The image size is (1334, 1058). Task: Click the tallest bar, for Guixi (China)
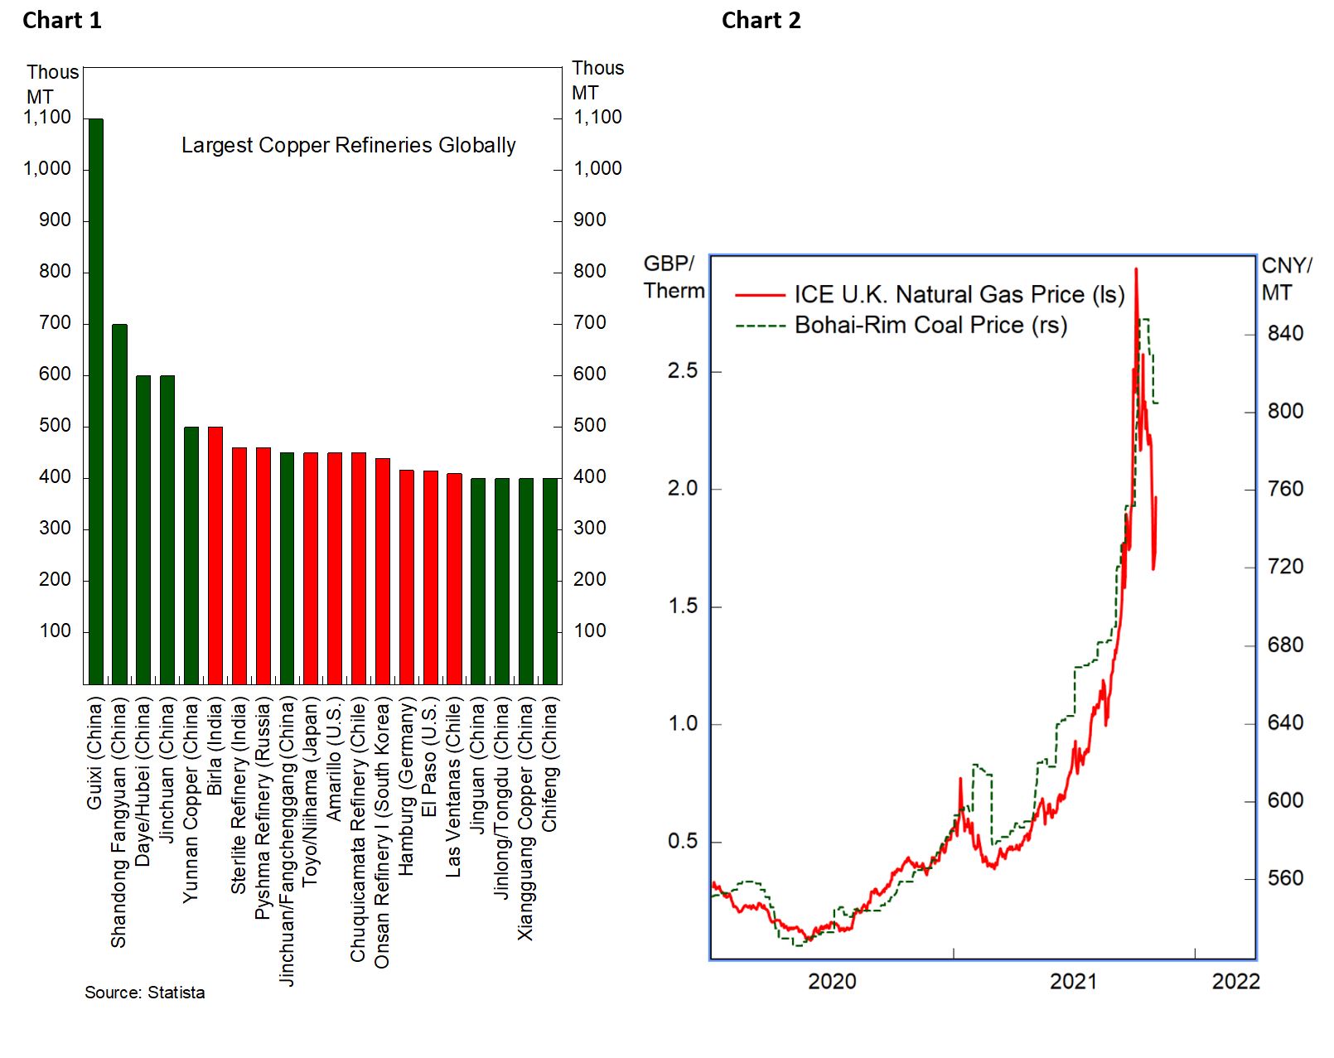click(x=96, y=401)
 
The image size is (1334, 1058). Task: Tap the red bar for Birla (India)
click(x=215, y=555)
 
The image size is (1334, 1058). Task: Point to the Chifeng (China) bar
click(x=550, y=581)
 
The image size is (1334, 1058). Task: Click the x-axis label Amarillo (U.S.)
click(x=335, y=760)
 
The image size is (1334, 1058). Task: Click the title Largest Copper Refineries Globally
click(x=348, y=145)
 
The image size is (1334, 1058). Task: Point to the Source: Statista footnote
click(x=144, y=993)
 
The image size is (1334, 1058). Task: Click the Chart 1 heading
click(x=62, y=21)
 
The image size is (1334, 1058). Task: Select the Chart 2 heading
click(x=761, y=21)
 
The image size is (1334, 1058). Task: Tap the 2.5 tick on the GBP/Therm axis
click(x=683, y=370)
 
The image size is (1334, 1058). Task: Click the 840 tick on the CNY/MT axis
click(x=1285, y=333)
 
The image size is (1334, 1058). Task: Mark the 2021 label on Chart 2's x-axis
click(x=1073, y=982)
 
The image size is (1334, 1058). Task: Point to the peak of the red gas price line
click(x=1136, y=269)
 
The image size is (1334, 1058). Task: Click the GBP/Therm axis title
click(x=674, y=278)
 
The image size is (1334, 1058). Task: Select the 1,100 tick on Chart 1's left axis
click(x=47, y=117)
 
